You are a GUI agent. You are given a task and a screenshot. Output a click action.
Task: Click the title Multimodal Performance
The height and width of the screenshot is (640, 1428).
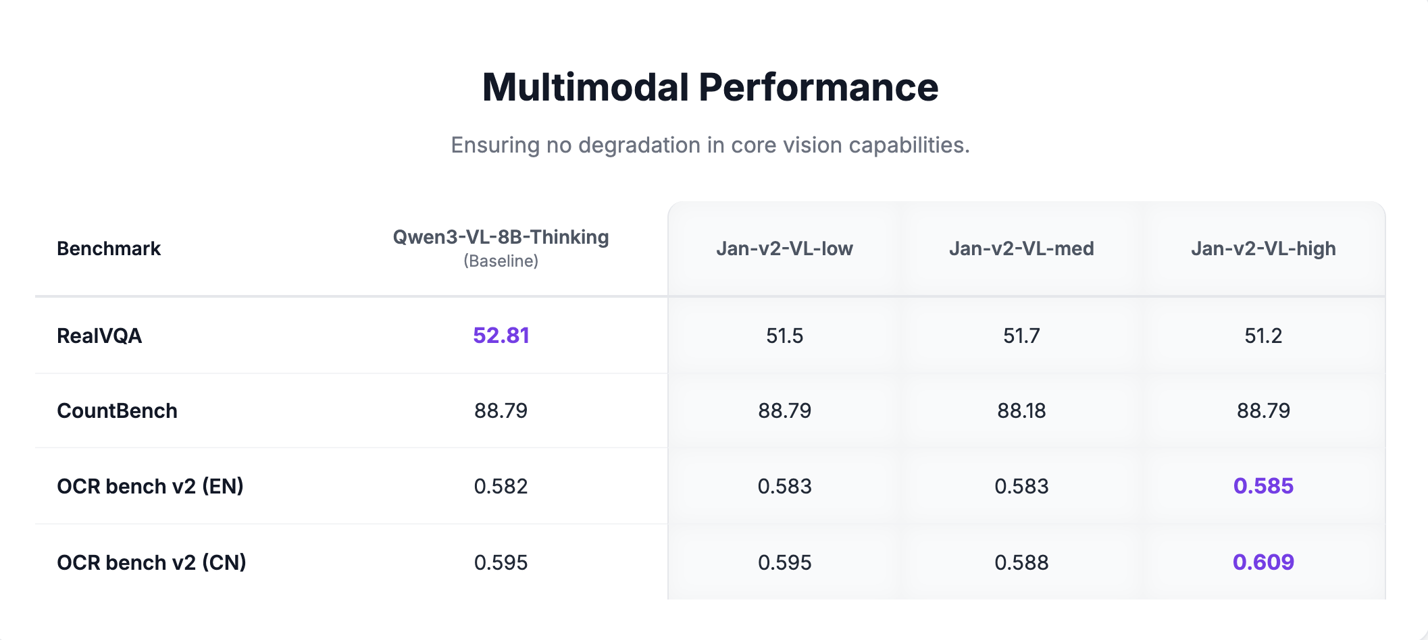(710, 88)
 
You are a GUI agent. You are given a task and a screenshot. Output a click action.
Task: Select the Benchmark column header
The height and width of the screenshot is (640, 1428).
(109, 248)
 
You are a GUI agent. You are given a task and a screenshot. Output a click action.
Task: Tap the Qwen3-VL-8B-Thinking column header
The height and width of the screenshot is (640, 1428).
(501, 237)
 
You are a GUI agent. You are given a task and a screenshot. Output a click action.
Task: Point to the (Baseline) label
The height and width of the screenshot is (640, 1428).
(501, 261)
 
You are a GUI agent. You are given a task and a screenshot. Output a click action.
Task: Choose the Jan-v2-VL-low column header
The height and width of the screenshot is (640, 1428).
(784, 248)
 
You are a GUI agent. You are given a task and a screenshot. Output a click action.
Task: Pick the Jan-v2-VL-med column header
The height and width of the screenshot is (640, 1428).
(1021, 248)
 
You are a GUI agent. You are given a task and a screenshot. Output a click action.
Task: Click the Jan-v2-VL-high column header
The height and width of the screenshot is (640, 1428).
(1263, 248)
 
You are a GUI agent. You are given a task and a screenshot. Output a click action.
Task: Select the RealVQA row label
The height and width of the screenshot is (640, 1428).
(99, 336)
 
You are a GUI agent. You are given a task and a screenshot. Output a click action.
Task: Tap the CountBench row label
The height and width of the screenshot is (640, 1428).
(117, 410)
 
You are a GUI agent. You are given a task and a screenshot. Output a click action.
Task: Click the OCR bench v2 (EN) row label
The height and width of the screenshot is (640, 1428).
(150, 486)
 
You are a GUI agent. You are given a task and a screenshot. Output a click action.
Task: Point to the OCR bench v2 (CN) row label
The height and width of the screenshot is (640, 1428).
(151, 562)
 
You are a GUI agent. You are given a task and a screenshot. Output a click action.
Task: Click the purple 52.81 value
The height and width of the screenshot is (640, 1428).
(501, 336)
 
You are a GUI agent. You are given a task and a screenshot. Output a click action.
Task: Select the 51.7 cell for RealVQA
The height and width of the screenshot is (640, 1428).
(1021, 336)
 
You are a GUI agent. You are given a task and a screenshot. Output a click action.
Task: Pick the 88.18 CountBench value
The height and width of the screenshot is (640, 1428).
(1021, 410)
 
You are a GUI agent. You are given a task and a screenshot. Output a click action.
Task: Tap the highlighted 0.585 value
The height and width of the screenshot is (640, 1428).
(1263, 486)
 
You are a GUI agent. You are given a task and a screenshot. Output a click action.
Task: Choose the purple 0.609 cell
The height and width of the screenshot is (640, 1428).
(1263, 562)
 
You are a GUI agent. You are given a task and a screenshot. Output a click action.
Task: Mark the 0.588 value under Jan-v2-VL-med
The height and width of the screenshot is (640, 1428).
(1021, 562)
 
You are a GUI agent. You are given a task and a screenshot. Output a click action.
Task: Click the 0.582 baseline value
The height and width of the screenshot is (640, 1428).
(501, 486)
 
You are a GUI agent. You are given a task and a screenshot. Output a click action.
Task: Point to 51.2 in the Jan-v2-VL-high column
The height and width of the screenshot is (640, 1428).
(1263, 336)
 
